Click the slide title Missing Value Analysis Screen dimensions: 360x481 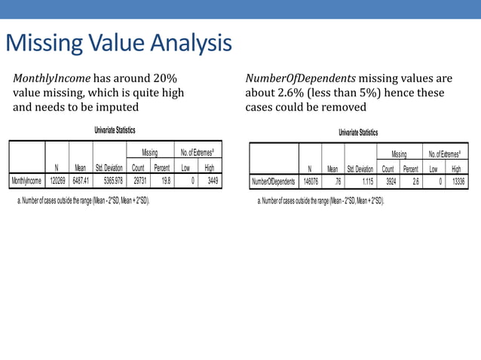click(118, 43)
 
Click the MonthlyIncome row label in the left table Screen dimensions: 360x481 click(27, 182)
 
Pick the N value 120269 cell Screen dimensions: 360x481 click(57, 182)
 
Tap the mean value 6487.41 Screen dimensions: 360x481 click(81, 182)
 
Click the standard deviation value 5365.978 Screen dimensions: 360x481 click(109, 182)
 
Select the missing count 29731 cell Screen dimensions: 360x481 click(138, 182)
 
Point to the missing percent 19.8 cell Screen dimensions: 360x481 click(164, 182)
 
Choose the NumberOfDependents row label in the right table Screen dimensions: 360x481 click(274, 182)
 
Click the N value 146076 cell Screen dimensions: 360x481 click(309, 182)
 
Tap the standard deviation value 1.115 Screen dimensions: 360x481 click(364, 182)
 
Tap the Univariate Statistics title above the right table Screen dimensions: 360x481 click(358, 133)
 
